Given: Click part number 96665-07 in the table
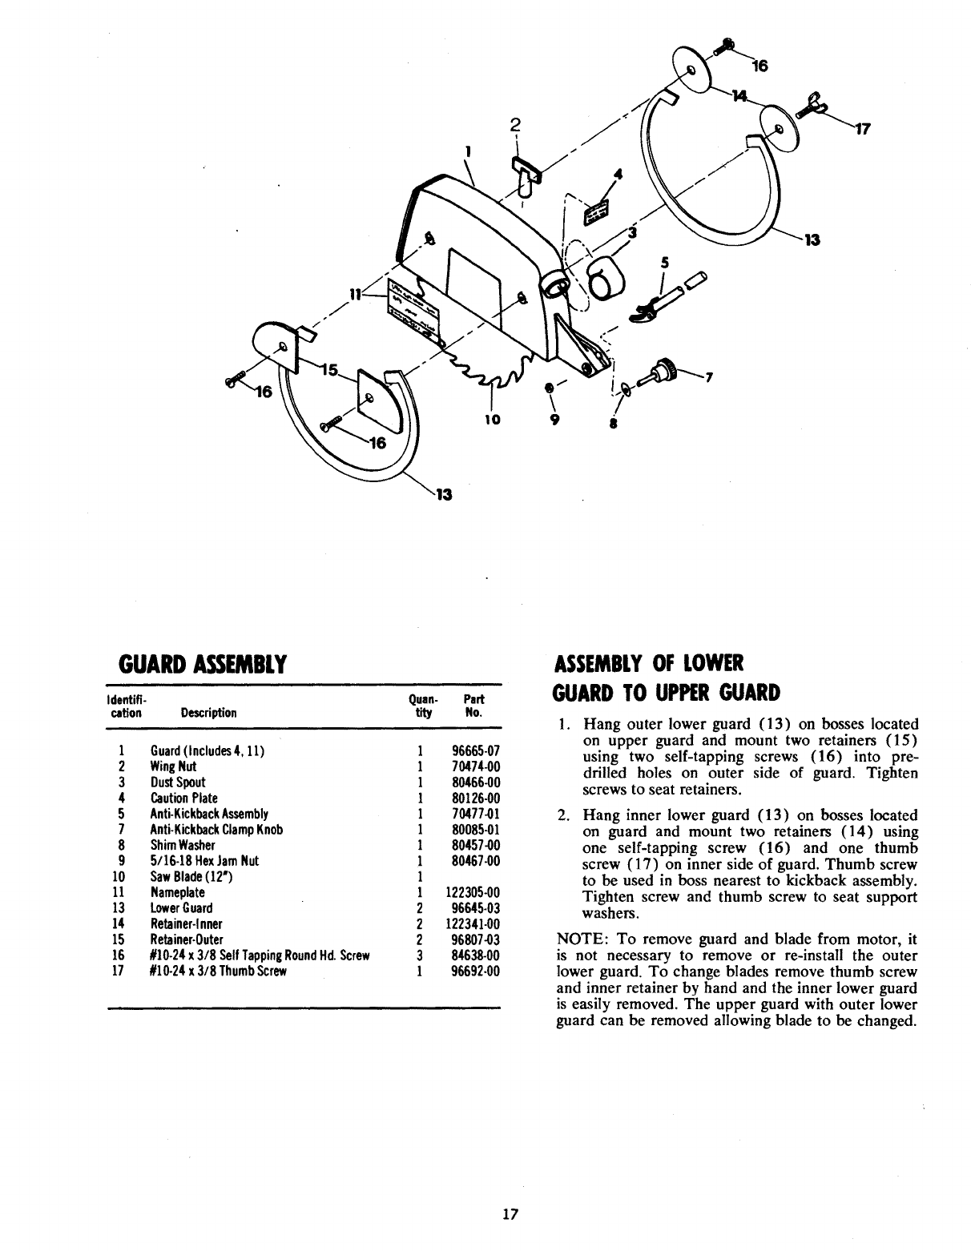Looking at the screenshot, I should click(476, 752).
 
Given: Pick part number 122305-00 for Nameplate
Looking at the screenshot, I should click(472, 893).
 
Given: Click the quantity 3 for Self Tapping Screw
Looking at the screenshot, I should click(420, 955).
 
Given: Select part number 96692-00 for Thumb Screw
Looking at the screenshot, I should click(476, 971).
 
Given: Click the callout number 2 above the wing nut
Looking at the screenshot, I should click(516, 124).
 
